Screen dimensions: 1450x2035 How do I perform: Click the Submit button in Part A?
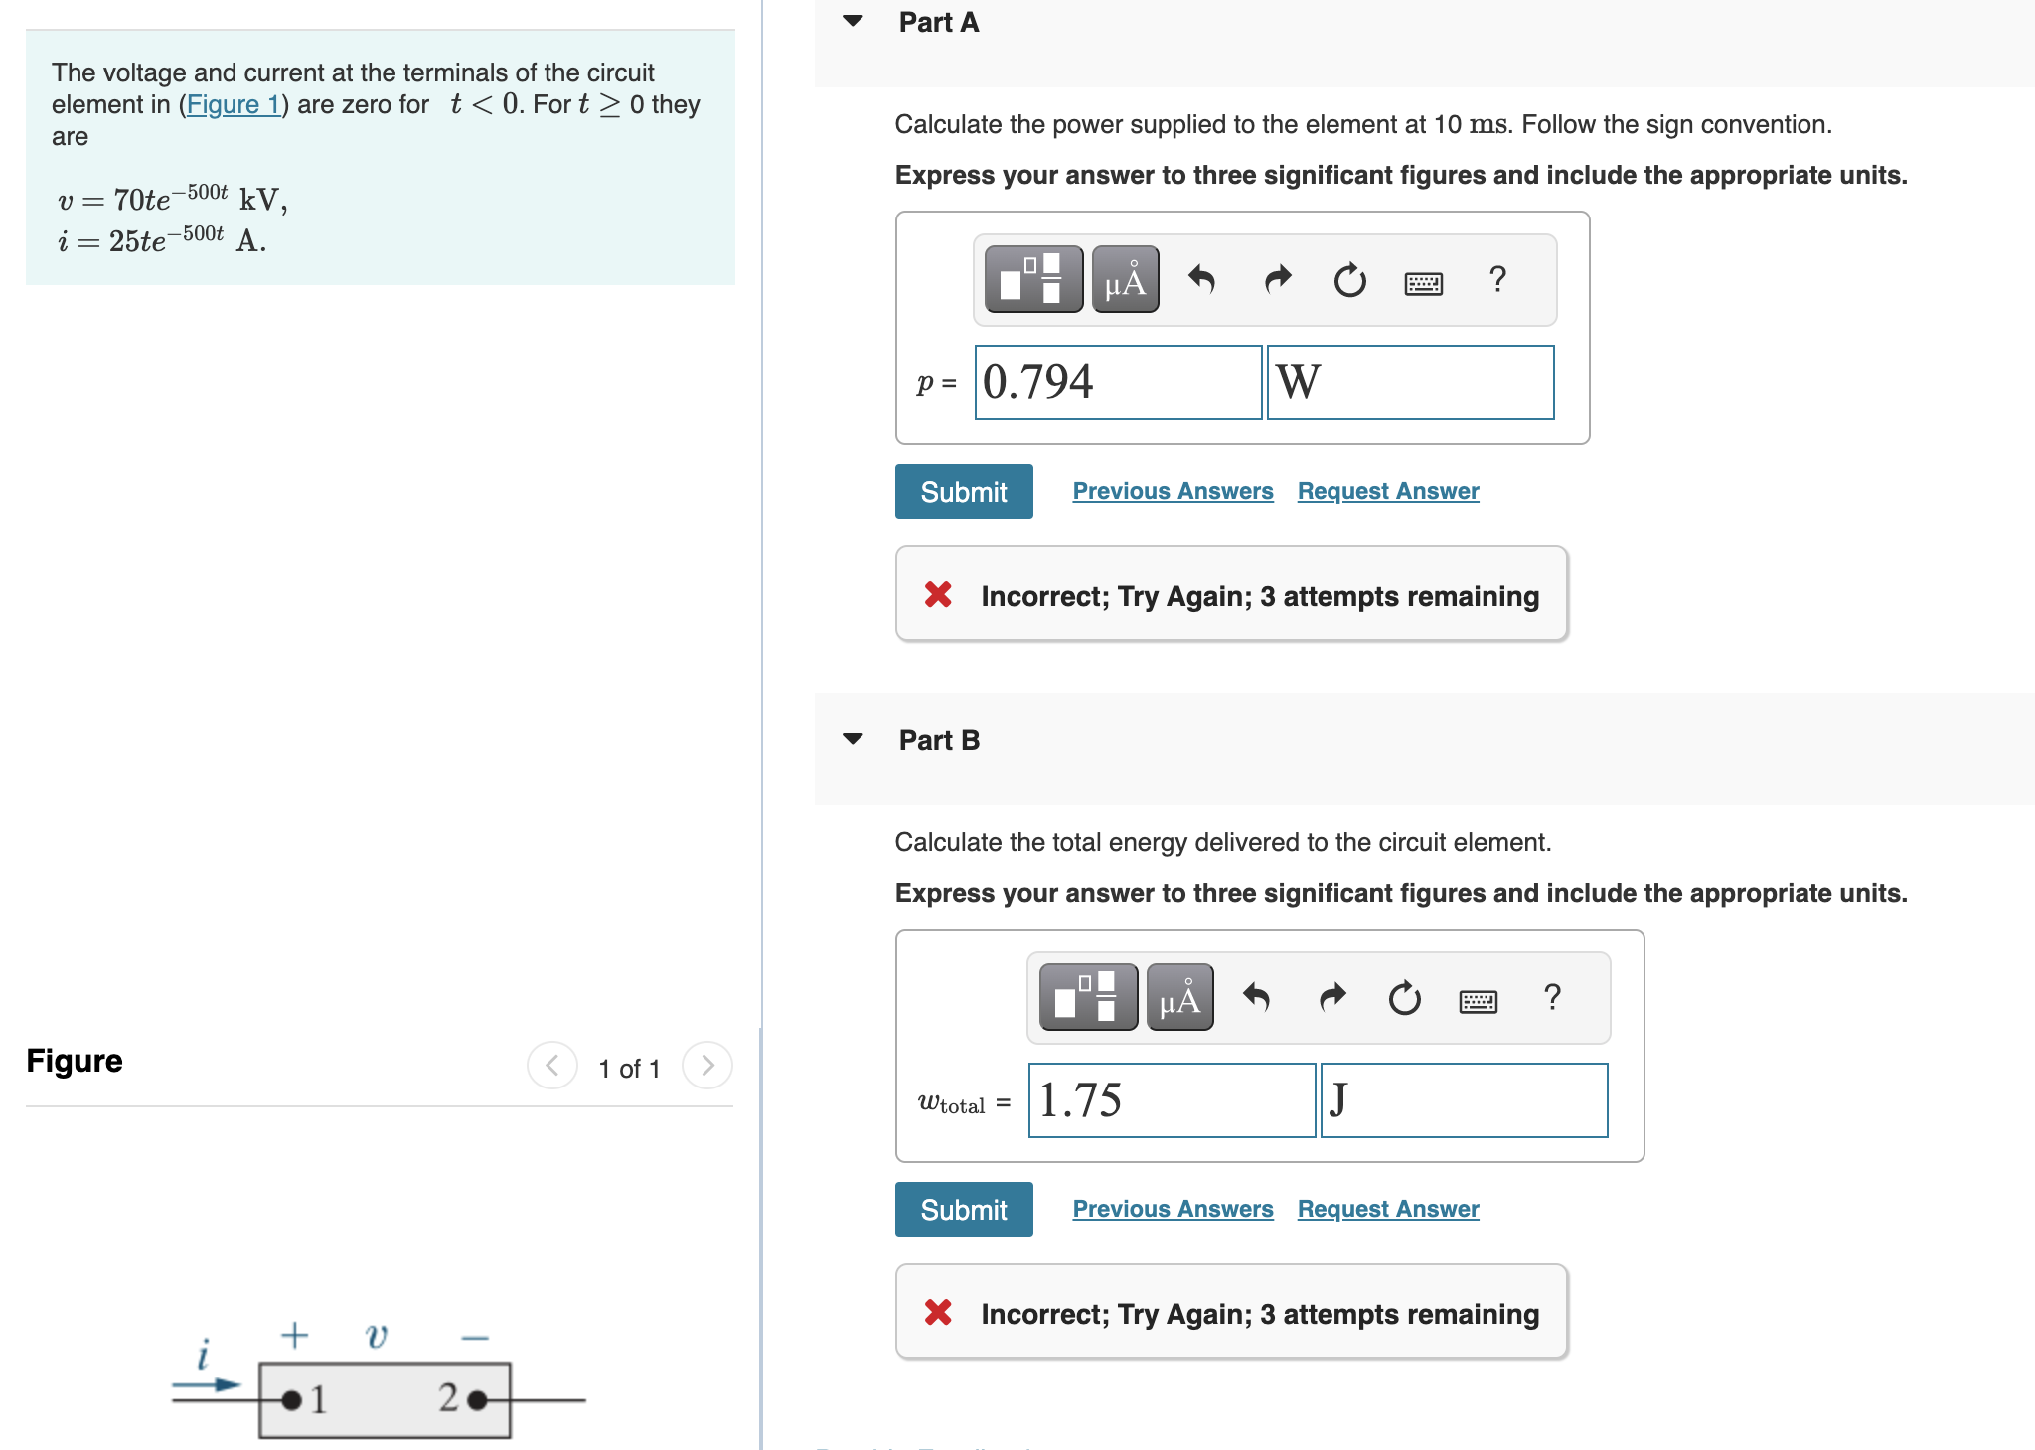[x=963, y=492]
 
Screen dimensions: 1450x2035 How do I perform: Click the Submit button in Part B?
[x=963, y=1210]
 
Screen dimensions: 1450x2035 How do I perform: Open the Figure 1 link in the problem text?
[x=233, y=104]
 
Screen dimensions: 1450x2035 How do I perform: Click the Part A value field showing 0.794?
[x=1118, y=382]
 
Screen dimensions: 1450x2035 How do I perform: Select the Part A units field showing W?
[x=1410, y=382]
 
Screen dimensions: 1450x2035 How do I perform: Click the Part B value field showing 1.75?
[x=1172, y=1100]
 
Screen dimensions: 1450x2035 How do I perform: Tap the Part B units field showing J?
[x=1464, y=1100]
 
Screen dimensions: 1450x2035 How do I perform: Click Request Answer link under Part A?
[x=1387, y=491]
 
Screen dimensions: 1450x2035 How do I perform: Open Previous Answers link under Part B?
[x=1173, y=1209]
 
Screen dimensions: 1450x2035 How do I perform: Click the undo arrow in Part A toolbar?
[x=1201, y=280]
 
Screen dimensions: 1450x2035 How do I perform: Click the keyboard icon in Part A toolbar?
[x=1423, y=284]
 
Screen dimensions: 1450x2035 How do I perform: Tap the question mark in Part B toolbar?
[x=1552, y=997]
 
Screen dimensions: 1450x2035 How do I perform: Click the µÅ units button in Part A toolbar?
[x=1125, y=280]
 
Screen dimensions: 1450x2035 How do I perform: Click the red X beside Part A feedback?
[x=938, y=595]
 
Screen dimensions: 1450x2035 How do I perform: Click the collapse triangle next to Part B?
[x=853, y=739]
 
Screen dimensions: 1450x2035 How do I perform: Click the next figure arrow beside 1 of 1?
[x=707, y=1066]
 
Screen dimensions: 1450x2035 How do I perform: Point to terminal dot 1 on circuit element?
[x=291, y=1400]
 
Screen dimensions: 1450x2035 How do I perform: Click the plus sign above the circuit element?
[x=294, y=1335]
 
